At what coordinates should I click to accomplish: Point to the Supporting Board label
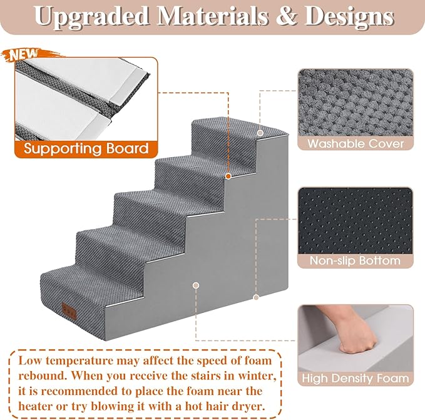(86, 149)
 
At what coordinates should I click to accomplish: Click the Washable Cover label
(355, 143)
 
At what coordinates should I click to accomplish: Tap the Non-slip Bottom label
(355, 260)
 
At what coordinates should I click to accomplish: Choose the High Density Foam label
(355, 378)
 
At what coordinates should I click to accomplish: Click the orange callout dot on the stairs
(228, 177)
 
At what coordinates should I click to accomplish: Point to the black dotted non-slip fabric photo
(355, 219)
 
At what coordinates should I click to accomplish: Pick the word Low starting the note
(31, 361)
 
